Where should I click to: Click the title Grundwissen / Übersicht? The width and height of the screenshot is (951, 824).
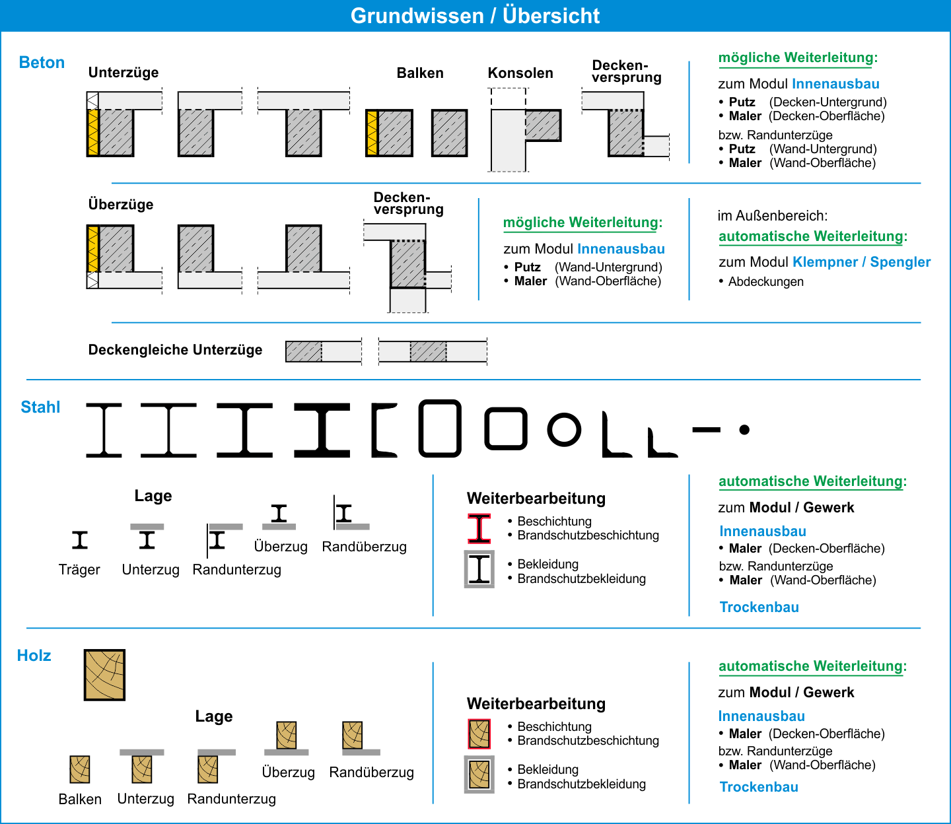[475, 16]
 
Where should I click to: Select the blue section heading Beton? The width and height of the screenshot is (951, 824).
[42, 63]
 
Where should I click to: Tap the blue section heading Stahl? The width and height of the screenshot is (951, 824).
[40, 407]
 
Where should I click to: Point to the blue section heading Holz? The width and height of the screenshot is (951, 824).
[34, 656]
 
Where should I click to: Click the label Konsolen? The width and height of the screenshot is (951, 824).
[520, 73]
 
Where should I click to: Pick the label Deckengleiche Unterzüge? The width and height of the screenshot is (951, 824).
[175, 350]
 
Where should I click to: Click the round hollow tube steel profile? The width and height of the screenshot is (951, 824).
[564, 430]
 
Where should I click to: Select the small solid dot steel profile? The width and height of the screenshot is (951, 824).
[744, 430]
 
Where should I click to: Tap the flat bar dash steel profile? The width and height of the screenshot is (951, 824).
[706, 430]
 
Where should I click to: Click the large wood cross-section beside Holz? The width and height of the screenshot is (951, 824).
[104, 675]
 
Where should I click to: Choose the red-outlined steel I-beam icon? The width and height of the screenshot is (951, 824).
[479, 529]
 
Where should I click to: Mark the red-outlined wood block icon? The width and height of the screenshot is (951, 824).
[479, 734]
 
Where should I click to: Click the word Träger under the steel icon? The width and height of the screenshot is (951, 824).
[79, 570]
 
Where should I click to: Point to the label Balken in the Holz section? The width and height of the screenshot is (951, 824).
[80, 799]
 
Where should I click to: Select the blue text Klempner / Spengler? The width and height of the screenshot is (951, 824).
[861, 261]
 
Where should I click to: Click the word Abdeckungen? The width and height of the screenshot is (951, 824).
[766, 281]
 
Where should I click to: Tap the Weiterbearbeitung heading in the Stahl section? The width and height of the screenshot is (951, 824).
[536, 498]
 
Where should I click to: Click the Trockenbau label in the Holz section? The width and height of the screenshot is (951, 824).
[759, 787]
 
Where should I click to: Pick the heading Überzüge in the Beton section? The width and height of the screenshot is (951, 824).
[121, 204]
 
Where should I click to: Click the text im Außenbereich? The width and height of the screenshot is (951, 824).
[773, 215]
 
